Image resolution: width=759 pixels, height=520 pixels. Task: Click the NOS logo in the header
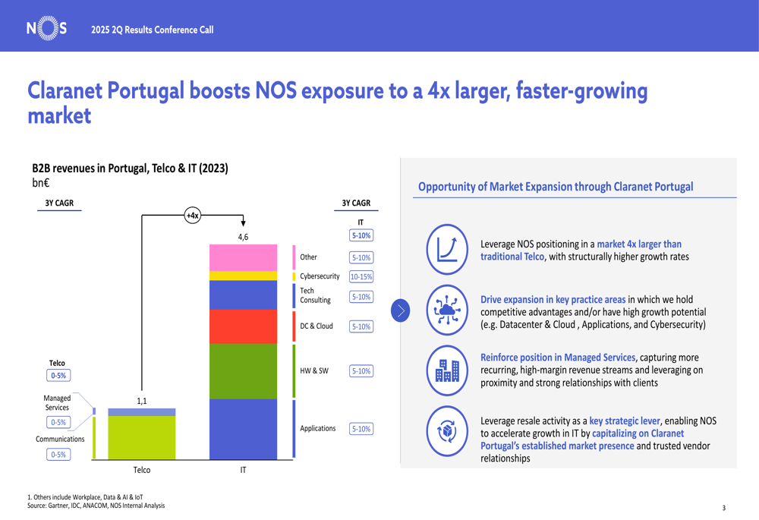47,29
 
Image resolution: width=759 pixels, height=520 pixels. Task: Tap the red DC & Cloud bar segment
243,326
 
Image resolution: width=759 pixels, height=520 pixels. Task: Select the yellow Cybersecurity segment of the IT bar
243,276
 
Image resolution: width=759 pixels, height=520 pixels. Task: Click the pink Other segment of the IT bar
243,258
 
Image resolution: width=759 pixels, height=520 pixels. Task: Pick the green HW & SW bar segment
243,371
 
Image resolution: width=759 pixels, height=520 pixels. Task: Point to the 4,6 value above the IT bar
243,237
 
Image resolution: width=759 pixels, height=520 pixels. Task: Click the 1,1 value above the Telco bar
142,401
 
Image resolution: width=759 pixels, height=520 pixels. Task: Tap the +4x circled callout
193,216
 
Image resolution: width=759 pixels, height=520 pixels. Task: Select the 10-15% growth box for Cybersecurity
361,277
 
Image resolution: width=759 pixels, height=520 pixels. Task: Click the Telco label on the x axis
142,470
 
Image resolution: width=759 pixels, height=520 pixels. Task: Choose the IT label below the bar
243,470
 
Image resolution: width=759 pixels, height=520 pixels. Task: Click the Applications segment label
317,429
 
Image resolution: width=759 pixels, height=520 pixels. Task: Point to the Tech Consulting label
315,295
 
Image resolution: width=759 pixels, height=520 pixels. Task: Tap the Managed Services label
57,403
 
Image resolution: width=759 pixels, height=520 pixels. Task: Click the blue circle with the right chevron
401,310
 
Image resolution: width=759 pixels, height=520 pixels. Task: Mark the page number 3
723,508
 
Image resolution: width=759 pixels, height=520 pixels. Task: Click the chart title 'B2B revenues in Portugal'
130,168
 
